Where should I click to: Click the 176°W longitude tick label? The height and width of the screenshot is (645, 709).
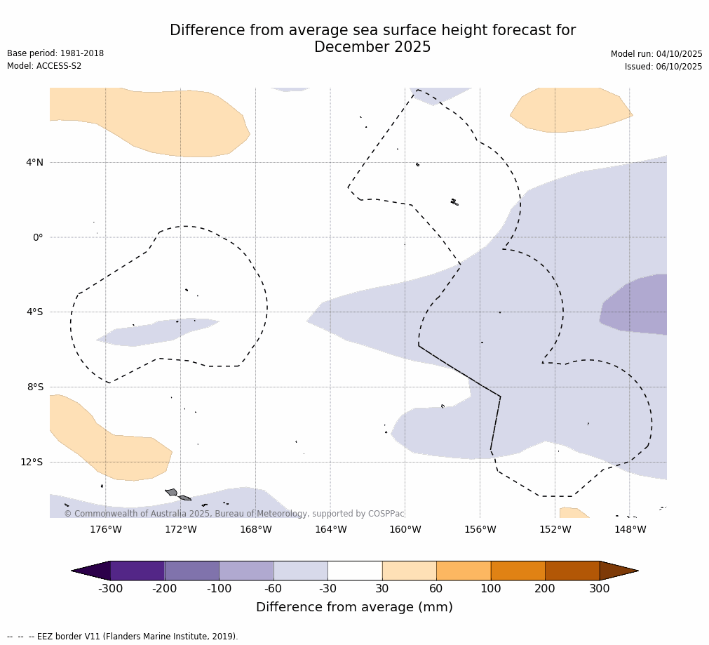(106, 529)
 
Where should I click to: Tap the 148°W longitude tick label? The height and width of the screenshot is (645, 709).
(630, 529)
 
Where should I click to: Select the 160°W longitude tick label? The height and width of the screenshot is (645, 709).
(405, 529)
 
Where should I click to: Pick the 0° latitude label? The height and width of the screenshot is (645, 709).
(38, 237)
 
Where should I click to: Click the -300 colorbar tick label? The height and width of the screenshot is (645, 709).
(111, 589)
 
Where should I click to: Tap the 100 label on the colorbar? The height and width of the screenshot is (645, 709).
(491, 589)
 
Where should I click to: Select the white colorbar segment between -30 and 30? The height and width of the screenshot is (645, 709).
(355, 571)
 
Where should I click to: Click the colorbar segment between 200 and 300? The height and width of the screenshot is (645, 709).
(572, 571)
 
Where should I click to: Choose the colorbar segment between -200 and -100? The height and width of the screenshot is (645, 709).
(191, 571)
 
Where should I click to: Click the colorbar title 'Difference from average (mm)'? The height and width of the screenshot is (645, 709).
(354, 607)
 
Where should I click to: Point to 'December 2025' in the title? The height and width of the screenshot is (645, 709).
(372, 48)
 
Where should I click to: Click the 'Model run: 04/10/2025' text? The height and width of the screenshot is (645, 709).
(656, 54)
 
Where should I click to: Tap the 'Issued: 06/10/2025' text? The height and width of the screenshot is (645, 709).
(663, 67)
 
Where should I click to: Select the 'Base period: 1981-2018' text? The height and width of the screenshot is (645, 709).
(55, 53)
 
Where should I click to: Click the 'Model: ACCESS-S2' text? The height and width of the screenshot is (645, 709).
(44, 66)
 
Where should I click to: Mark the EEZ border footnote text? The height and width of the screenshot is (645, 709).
(123, 637)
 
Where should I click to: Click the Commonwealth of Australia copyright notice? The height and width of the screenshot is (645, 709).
(234, 514)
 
